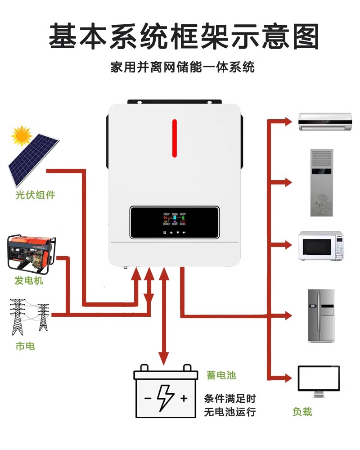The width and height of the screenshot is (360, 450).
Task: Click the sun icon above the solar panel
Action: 22,135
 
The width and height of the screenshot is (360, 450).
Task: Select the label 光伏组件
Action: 35,195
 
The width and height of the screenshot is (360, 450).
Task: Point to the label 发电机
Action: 29,281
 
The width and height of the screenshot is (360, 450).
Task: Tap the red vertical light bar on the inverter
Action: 175,138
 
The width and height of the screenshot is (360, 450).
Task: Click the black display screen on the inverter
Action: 175,222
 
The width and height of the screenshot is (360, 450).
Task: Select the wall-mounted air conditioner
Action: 324,121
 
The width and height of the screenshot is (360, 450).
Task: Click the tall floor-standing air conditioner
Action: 322,183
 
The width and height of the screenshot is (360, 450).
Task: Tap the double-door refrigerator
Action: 321,315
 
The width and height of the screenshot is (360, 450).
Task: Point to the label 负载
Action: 302,411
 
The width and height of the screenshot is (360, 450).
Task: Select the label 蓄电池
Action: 221,375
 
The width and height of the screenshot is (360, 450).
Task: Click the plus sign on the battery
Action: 184,398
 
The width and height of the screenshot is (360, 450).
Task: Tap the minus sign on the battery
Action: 148,398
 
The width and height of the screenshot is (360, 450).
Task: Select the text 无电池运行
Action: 230,411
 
